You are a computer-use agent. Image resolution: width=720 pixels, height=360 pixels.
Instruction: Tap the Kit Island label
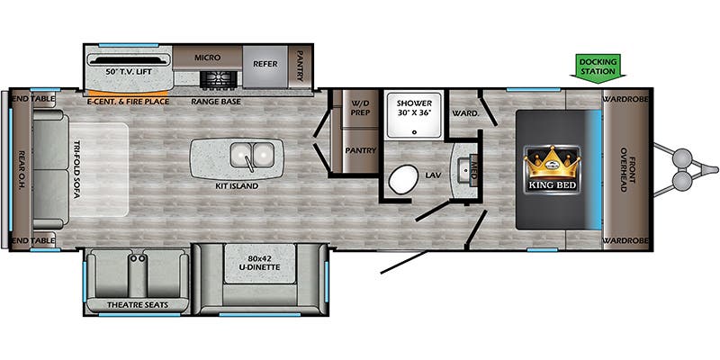237,186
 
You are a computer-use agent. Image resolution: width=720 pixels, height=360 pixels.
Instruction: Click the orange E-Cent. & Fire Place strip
126,93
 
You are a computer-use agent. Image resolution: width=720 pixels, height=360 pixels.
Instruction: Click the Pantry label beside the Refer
301,65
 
